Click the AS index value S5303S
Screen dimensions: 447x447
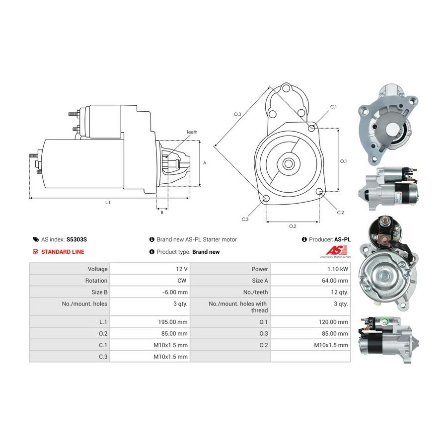pyautogui.click(x=76, y=239)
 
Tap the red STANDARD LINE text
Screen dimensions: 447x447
pyautogui.click(x=63, y=252)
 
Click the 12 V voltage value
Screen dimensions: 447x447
pyautogui.click(x=182, y=269)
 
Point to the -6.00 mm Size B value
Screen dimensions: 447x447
pyautogui.click(x=175, y=292)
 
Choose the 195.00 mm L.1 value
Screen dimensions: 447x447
pyautogui.click(x=173, y=322)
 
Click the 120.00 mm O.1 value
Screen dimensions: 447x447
pyautogui.click(x=333, y=322)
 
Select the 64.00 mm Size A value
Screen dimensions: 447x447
pyautogui.click(x=335, y=281)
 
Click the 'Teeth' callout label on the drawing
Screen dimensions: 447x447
pyautogui.click(x=192, y=132)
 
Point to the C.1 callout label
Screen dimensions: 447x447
pyautogui.click(x=334, y=107)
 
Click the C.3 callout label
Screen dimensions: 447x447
pyautogui.click(x=245, y=219)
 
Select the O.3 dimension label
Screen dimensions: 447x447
pyautogui.click(x=237, y=114)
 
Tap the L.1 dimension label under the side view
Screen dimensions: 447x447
pyautogui.click(x=108, y=203)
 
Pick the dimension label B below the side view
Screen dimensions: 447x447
pyautogui.click(x=162, y=213)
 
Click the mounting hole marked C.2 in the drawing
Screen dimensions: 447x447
pyautogui.click(x=319, y=192)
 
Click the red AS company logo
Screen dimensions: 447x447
pyautogui.click(x=336, y=251)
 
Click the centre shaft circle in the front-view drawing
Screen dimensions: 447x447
pyautogui.click(x=288, y=163)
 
